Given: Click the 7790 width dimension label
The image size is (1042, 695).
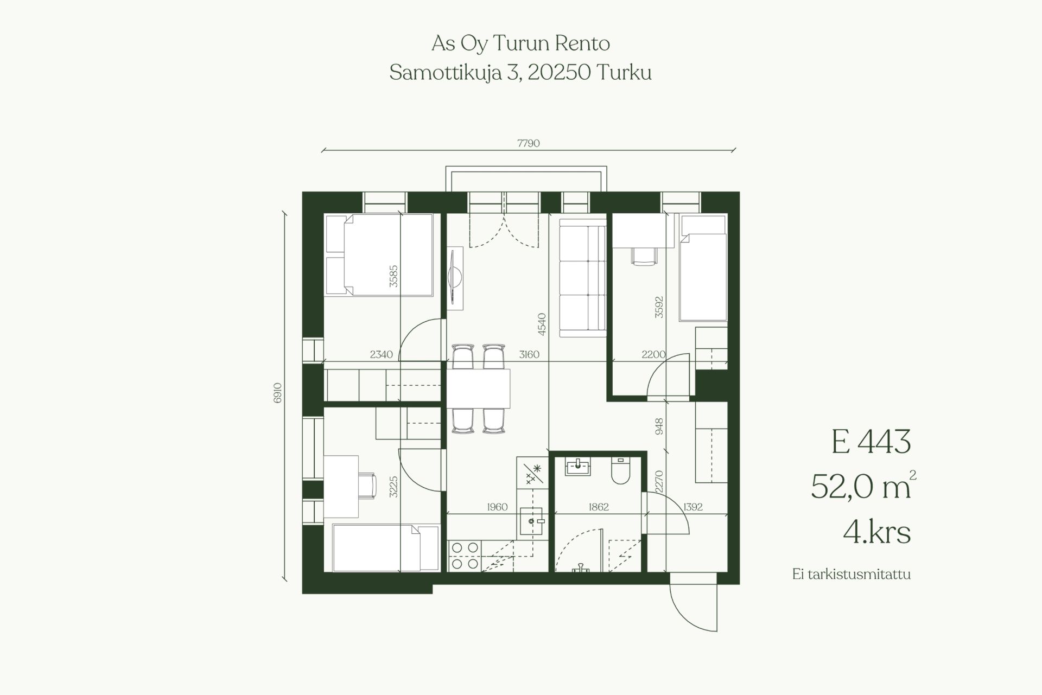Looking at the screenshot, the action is point(528,143).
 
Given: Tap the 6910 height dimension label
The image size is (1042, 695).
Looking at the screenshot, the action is point(278,393).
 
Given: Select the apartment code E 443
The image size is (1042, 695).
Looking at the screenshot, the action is point(871,442).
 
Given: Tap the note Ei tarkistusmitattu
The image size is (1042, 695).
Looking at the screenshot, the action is point(851,575).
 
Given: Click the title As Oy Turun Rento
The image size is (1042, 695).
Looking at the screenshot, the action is point(520,43).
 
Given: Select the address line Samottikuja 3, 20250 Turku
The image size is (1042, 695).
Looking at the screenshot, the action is point(520,73).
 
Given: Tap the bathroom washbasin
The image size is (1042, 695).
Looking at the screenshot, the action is point(577,467).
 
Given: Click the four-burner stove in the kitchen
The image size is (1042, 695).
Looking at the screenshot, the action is point(465,556).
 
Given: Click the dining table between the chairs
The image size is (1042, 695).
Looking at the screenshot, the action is point(479,388).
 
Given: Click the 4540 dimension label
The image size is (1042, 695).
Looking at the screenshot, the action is point(542,324).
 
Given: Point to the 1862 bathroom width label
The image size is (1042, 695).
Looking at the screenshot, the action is point(599,507).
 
